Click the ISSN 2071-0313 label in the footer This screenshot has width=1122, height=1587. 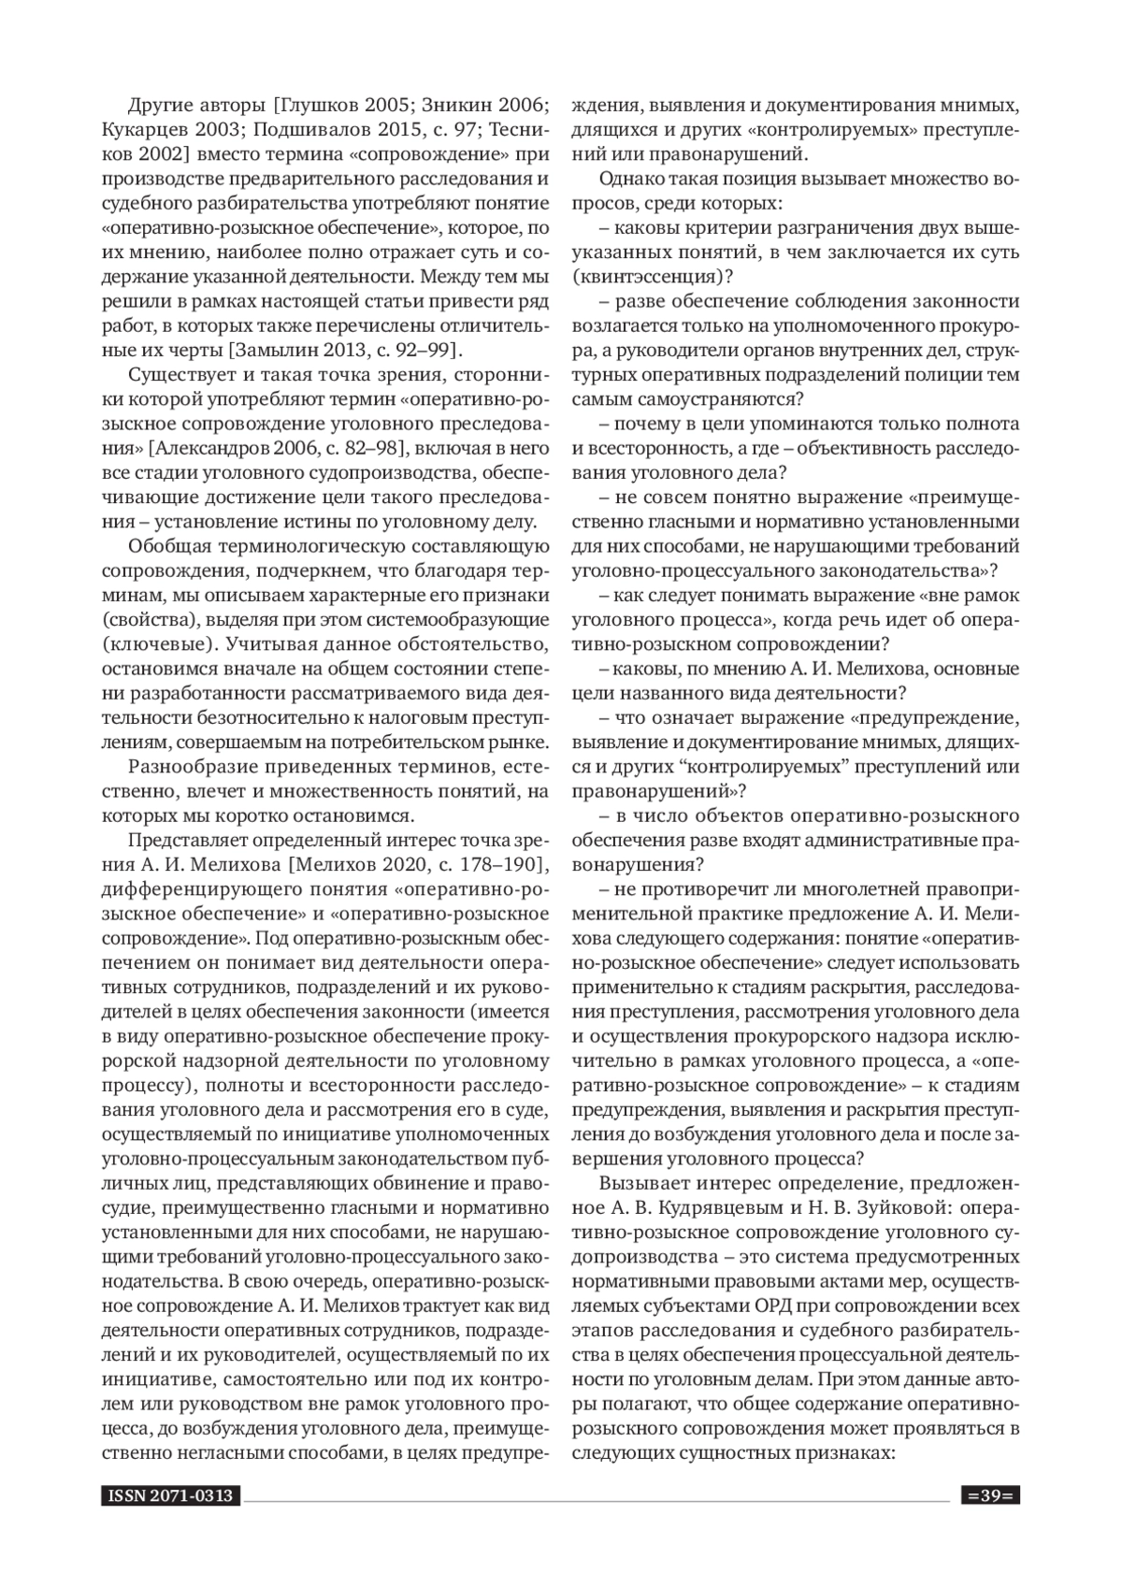pos(169,1496)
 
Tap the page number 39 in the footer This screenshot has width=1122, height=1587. pos(990,1496)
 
